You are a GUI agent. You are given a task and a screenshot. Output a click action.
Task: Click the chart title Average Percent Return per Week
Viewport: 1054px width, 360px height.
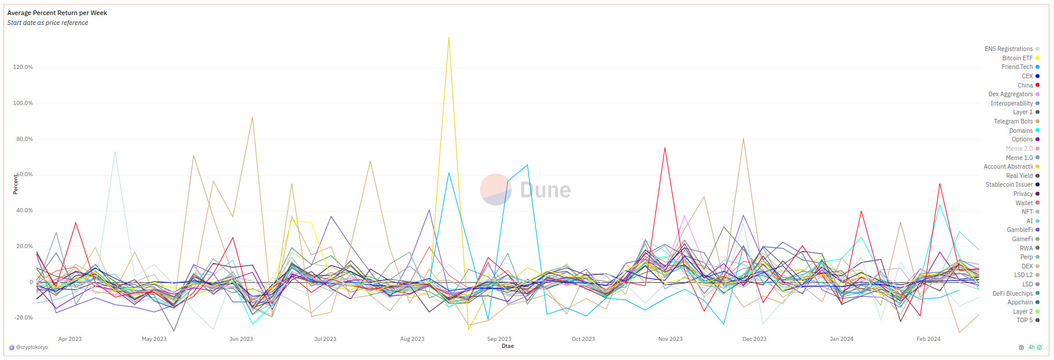(57, 13)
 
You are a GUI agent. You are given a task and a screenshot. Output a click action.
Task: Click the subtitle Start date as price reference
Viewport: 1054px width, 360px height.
(48, 23)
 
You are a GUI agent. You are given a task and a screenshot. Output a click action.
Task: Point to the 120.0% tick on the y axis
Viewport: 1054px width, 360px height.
(23, 67)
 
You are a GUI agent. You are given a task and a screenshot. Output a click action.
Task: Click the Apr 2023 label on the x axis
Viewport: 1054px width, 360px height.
(70, 339)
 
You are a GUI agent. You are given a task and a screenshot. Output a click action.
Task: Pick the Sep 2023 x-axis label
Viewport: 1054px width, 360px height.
(499, 339)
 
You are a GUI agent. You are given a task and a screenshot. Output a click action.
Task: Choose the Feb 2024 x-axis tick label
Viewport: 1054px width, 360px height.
(928, 339)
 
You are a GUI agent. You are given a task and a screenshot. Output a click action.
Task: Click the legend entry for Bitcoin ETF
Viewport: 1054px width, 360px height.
(1017, 58)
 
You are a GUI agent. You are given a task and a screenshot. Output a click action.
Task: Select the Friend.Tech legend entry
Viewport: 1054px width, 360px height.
(1017, 67)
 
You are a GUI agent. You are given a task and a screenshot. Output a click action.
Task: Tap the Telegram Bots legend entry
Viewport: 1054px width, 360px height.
(1013, 121)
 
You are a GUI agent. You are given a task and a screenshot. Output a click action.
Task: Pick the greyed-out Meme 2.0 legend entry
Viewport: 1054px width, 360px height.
(1019, 148)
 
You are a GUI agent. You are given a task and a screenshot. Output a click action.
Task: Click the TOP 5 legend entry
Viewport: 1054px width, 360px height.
(1024, 320)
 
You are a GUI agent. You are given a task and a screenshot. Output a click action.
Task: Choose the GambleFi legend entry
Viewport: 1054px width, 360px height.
(1020, 230)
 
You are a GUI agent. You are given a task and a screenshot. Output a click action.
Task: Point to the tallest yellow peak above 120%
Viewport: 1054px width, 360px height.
(448, 38)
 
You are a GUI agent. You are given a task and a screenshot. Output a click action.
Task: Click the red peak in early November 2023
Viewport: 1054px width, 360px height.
(665, 148)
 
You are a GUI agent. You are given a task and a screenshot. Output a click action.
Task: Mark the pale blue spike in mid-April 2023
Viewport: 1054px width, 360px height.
(115, 152)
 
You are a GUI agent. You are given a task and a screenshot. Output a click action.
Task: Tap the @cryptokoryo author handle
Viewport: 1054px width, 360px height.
(32, 347)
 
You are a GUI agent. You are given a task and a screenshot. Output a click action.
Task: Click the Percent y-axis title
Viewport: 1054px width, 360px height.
(16, 184)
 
